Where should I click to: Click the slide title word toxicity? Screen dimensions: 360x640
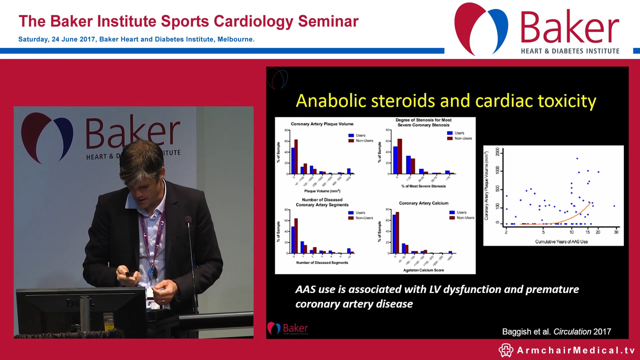(567, 101)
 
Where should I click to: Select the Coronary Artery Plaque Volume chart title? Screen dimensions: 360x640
(322, 124)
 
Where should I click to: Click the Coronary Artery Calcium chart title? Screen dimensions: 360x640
(423, 203)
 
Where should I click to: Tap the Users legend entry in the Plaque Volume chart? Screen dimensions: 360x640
(360, 135)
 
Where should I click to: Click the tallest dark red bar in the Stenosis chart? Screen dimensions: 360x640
(400, 156)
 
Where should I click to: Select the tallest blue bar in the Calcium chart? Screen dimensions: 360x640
(394, 234)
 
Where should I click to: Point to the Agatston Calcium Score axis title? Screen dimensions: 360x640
(423, 270)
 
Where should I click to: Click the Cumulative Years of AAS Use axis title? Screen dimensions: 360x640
(561, 242)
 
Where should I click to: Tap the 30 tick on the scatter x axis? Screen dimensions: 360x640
(616, 232)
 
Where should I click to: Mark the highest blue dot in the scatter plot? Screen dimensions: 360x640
(577, 159)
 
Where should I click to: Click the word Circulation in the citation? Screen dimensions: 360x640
(572, 332)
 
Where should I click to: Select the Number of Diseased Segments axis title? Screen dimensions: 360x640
(322, 263)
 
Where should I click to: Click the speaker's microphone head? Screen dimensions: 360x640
(188, 220)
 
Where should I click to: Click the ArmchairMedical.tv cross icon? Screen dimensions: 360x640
(506, 350)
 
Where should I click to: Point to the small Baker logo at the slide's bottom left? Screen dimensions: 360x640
(287, 329)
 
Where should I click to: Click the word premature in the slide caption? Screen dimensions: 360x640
(552, 289)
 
